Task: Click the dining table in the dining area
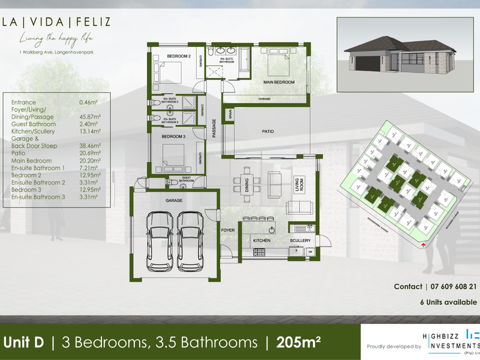246,181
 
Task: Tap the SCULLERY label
299,241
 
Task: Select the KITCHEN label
262,241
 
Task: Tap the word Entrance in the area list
23,103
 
